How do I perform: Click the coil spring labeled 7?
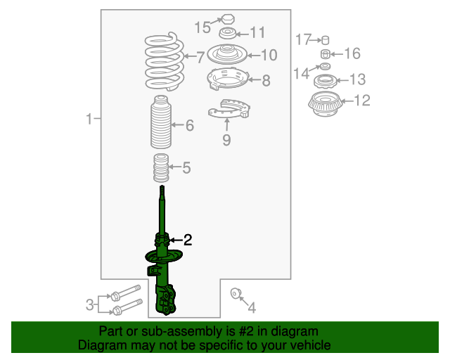pos(164,62)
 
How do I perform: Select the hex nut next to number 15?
pos(227,19)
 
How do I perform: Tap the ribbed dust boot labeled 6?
pos(161,122)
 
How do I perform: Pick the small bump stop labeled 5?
pos(161,168)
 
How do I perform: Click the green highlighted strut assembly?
pos(162,258)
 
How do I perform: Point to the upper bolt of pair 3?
pos(125,292)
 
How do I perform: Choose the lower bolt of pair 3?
pos(127,307)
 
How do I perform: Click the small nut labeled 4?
pos(236,293)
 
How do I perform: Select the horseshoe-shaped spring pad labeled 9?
pos(229,110)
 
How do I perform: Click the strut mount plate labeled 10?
pos(227,54)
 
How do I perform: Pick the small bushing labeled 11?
pos(228,33)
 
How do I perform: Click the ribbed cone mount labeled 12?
pos(325,104)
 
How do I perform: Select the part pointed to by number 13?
pos(325,82)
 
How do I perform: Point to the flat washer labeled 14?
pos(325,66)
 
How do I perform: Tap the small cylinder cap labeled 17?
pos(325,40)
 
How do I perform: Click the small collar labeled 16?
pos(325,54)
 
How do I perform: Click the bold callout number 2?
pos(188,240)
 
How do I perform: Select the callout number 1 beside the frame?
pos(89,119)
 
